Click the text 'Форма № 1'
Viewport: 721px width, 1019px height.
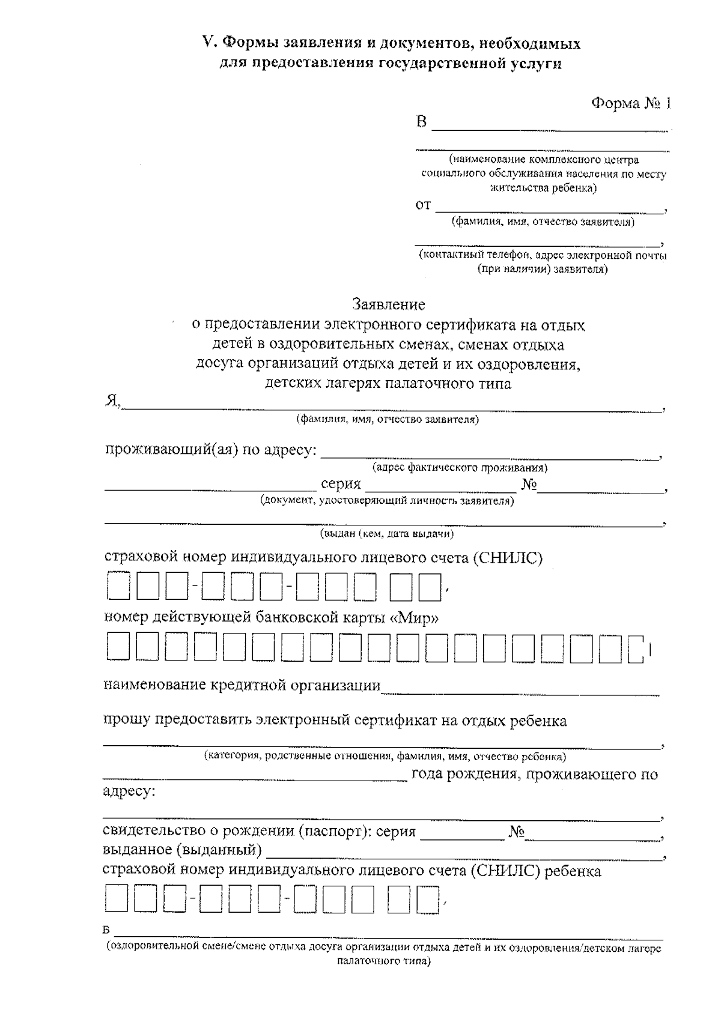630,103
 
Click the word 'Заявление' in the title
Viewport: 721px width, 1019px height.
389,304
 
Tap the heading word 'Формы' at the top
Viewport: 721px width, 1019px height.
248,43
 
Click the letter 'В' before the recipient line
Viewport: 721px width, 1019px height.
422,122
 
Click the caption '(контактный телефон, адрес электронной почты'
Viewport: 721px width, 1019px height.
543,255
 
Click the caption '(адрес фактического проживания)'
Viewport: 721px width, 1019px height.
460,467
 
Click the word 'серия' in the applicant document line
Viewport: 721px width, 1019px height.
341,485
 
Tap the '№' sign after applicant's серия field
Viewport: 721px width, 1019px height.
529,485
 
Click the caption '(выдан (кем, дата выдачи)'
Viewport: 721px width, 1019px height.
386,533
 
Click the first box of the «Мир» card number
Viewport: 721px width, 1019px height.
118,648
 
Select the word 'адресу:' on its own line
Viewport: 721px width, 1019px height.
129,791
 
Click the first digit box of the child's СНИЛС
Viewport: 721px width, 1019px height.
117,899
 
